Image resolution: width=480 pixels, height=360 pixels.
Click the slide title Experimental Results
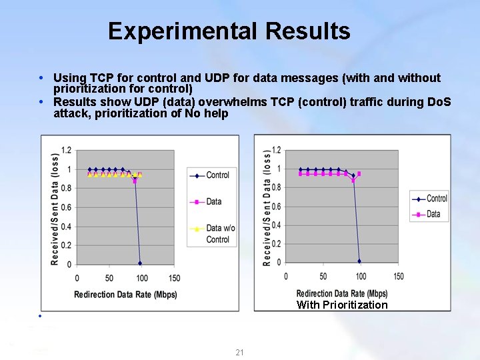(x=229, y=31)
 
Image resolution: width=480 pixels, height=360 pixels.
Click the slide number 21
(x=240, y=352)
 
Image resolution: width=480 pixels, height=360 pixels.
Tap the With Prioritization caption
(x=341, y=305)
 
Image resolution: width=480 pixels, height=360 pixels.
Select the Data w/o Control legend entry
(x=217, y=233)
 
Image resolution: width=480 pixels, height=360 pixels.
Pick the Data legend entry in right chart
(x=433, y=214)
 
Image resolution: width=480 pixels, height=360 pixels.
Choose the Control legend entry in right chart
(x=437, y=198)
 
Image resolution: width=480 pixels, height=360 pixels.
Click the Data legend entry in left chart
(x=213, y=201)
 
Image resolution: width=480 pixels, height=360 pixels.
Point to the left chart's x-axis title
(x=125, y=294)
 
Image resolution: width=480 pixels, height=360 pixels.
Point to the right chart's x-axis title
(x=341, y=293)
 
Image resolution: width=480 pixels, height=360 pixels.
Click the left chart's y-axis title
(x=55, y=209)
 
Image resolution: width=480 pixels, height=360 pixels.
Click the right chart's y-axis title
(x=267, y=208)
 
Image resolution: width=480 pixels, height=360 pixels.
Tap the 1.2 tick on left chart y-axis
(x=67, y=150)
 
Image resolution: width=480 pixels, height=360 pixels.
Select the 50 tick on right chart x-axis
(x=323, y=276)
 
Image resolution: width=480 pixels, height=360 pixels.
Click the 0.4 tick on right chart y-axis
(x=277, y=225)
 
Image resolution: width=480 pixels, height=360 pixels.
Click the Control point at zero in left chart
(x=140, y=263)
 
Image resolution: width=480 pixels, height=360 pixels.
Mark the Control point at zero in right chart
(x=359, y=261)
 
